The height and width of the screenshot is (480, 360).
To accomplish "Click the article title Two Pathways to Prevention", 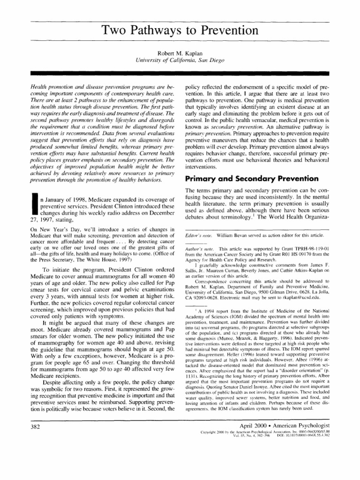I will (180, 31).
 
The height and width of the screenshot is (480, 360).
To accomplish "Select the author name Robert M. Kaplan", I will (180, 52).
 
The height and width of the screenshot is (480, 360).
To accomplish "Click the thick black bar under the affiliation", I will (180, 73).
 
